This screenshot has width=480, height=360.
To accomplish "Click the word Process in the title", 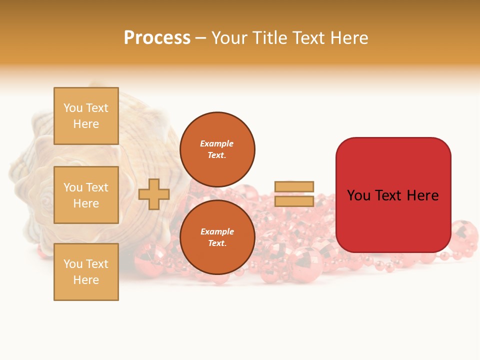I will pyautogui.click(x=157, y=38).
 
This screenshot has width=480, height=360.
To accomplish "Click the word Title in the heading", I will pyautogui.click(x=269, y=38).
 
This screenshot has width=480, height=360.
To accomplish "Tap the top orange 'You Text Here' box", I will pyautogui.click(x=86, y=116).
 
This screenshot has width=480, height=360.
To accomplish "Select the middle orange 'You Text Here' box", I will pyautogui.click(x=86, y=195).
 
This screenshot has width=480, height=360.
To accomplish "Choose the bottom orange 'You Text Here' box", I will pyautogui.click(x=86, y=272).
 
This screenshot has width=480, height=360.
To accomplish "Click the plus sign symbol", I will pyautogui.click(x=154, y=194).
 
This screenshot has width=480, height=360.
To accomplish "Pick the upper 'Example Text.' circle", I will pyautogui.click(x=217, y=149).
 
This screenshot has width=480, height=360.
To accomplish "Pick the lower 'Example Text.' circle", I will pyautogui.click(x=217, y=237).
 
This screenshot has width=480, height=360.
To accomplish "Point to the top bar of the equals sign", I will pyautogui.click(x=294, y=186).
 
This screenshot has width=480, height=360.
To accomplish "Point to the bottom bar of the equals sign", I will pyautogui.click(x=294, y=201).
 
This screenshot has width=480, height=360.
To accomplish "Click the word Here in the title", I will pyautogui.click(x=348, y=38).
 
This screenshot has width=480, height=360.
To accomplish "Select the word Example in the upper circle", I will pyautogui.click(x=216, y=143).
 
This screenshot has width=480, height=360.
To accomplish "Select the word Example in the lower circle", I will pyautogui.click(x=216, y=231).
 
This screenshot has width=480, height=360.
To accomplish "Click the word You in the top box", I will pyautogui.click(x=73, y=108).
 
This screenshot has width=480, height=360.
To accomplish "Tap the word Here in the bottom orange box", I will pyautogui.click(x=86, y=280).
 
